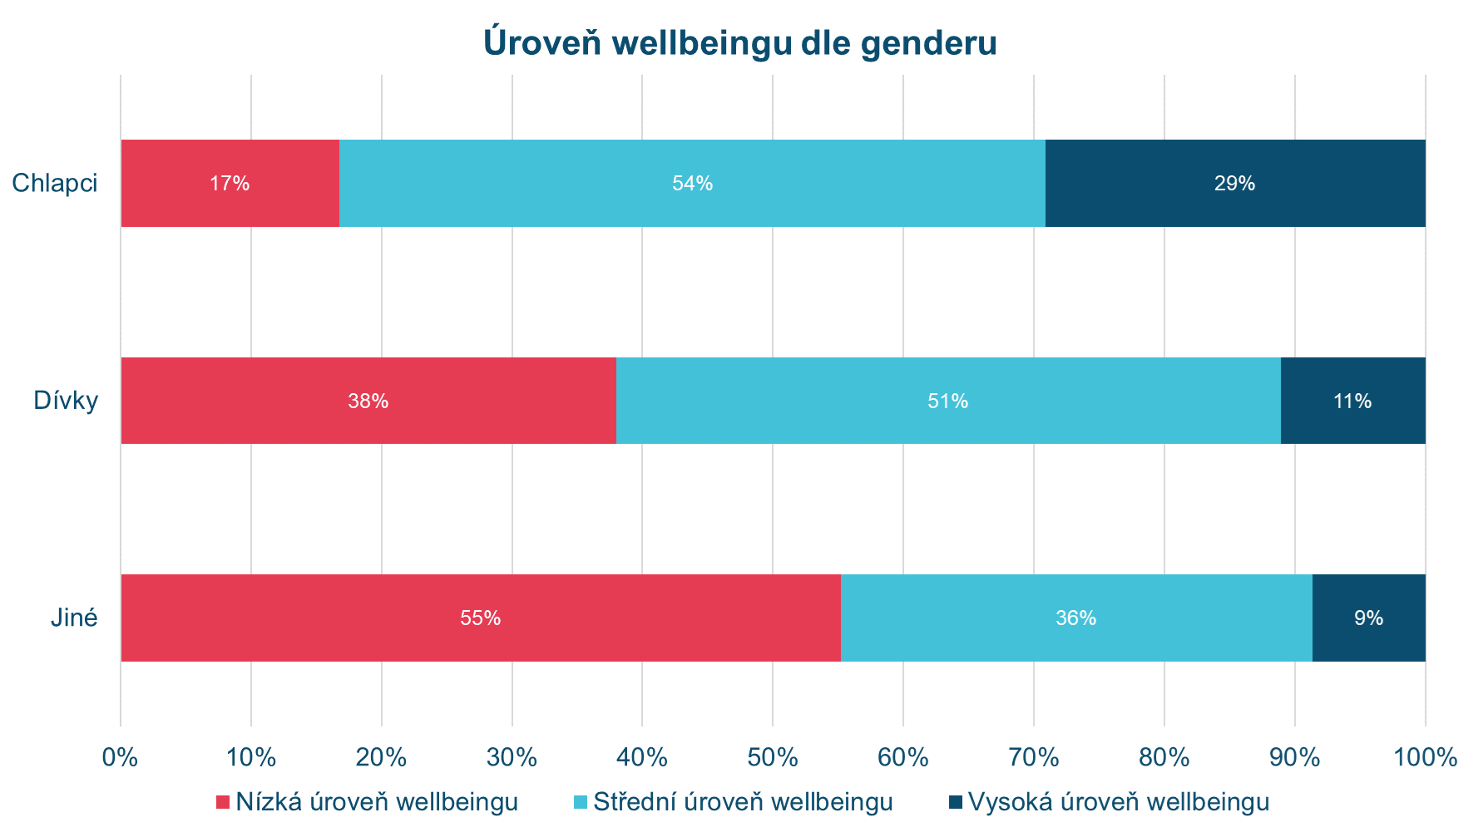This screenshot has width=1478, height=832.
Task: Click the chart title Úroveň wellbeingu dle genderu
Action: click(739, 43)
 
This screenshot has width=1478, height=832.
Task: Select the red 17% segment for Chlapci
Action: click(230, 183)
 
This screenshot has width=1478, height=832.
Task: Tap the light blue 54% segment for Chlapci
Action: click(692, 183)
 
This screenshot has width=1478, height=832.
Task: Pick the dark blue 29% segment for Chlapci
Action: click(1235, 183)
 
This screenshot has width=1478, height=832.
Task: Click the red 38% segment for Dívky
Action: click(368, 401)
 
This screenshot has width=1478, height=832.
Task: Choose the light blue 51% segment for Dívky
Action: click(948, 401)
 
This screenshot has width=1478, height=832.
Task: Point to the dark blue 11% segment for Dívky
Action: click(1352, 401)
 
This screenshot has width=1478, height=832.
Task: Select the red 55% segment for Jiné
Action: click(481, 618)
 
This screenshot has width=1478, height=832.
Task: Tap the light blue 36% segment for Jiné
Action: click(1076, 618)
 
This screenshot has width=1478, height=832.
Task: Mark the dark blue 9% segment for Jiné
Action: click(1368, 618)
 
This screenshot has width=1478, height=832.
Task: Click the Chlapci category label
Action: click(55, 183)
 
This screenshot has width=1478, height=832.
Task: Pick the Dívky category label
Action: click(66, 401)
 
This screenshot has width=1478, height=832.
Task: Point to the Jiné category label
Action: click(74, 618)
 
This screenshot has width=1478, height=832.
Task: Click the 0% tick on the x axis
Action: click(121, 757)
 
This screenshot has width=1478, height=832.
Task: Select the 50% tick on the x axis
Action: click(773, 757)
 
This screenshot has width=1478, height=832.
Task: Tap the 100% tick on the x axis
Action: click(1425, 757)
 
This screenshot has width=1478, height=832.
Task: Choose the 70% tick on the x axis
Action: click(1034, 757)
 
